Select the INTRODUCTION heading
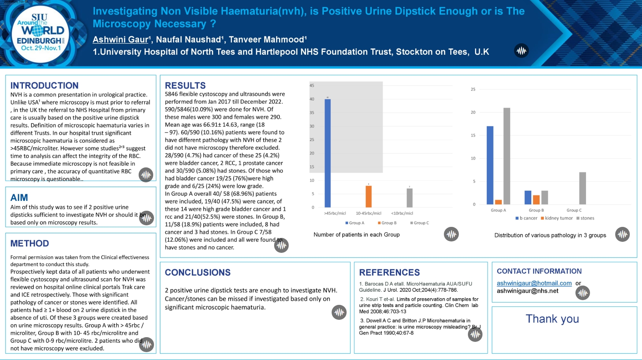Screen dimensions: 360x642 coord(45,85)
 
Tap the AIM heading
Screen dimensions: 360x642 coord(19,198)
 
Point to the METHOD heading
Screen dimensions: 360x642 coord(30,243)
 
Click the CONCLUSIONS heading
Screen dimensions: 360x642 coord(198,273)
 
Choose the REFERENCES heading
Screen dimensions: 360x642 coord(390,273)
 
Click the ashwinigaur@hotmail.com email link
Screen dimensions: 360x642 coord(534,283)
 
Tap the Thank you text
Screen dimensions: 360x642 coord(552,319)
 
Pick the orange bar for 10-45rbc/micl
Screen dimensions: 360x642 coord(369,197)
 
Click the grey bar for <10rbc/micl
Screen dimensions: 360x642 coord(410,198)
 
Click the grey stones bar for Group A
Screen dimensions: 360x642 coord(507,156)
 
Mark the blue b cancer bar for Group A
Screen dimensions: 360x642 coord(490,165)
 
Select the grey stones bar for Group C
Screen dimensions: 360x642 coord(583,188)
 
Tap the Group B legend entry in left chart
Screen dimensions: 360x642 coord(387,223)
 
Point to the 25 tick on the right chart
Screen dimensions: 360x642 coord(473,89)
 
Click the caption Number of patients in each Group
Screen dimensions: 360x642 coord(356,235)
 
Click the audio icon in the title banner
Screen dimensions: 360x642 coord(521,51)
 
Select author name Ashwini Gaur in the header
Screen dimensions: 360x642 coord(121,39)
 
